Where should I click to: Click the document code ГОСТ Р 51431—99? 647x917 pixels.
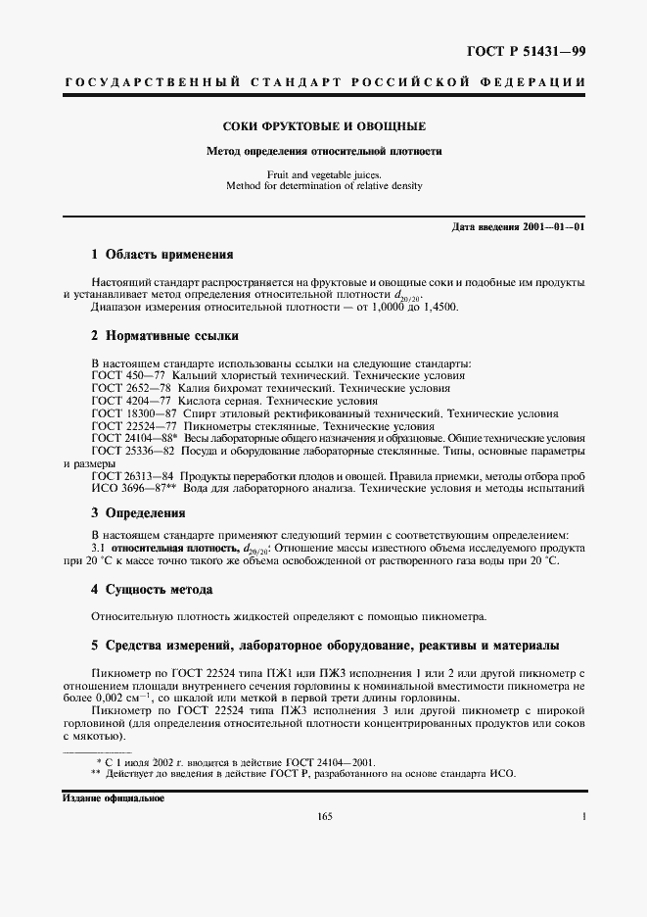click(x=525, y=51)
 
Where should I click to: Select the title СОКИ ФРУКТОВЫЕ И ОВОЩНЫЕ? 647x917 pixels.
click(x=324, y=127)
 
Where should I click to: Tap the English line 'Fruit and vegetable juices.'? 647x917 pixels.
click(x=324, y=174)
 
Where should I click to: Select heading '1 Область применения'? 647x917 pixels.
click(x=162, y=255)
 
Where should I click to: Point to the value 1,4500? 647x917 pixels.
click(x=438, y=307)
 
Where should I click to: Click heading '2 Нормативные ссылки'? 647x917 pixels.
click(x=164, y=336)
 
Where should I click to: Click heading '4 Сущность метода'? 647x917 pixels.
click(x=152, y=590)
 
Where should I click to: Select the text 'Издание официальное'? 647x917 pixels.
click(x=112, y=798)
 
